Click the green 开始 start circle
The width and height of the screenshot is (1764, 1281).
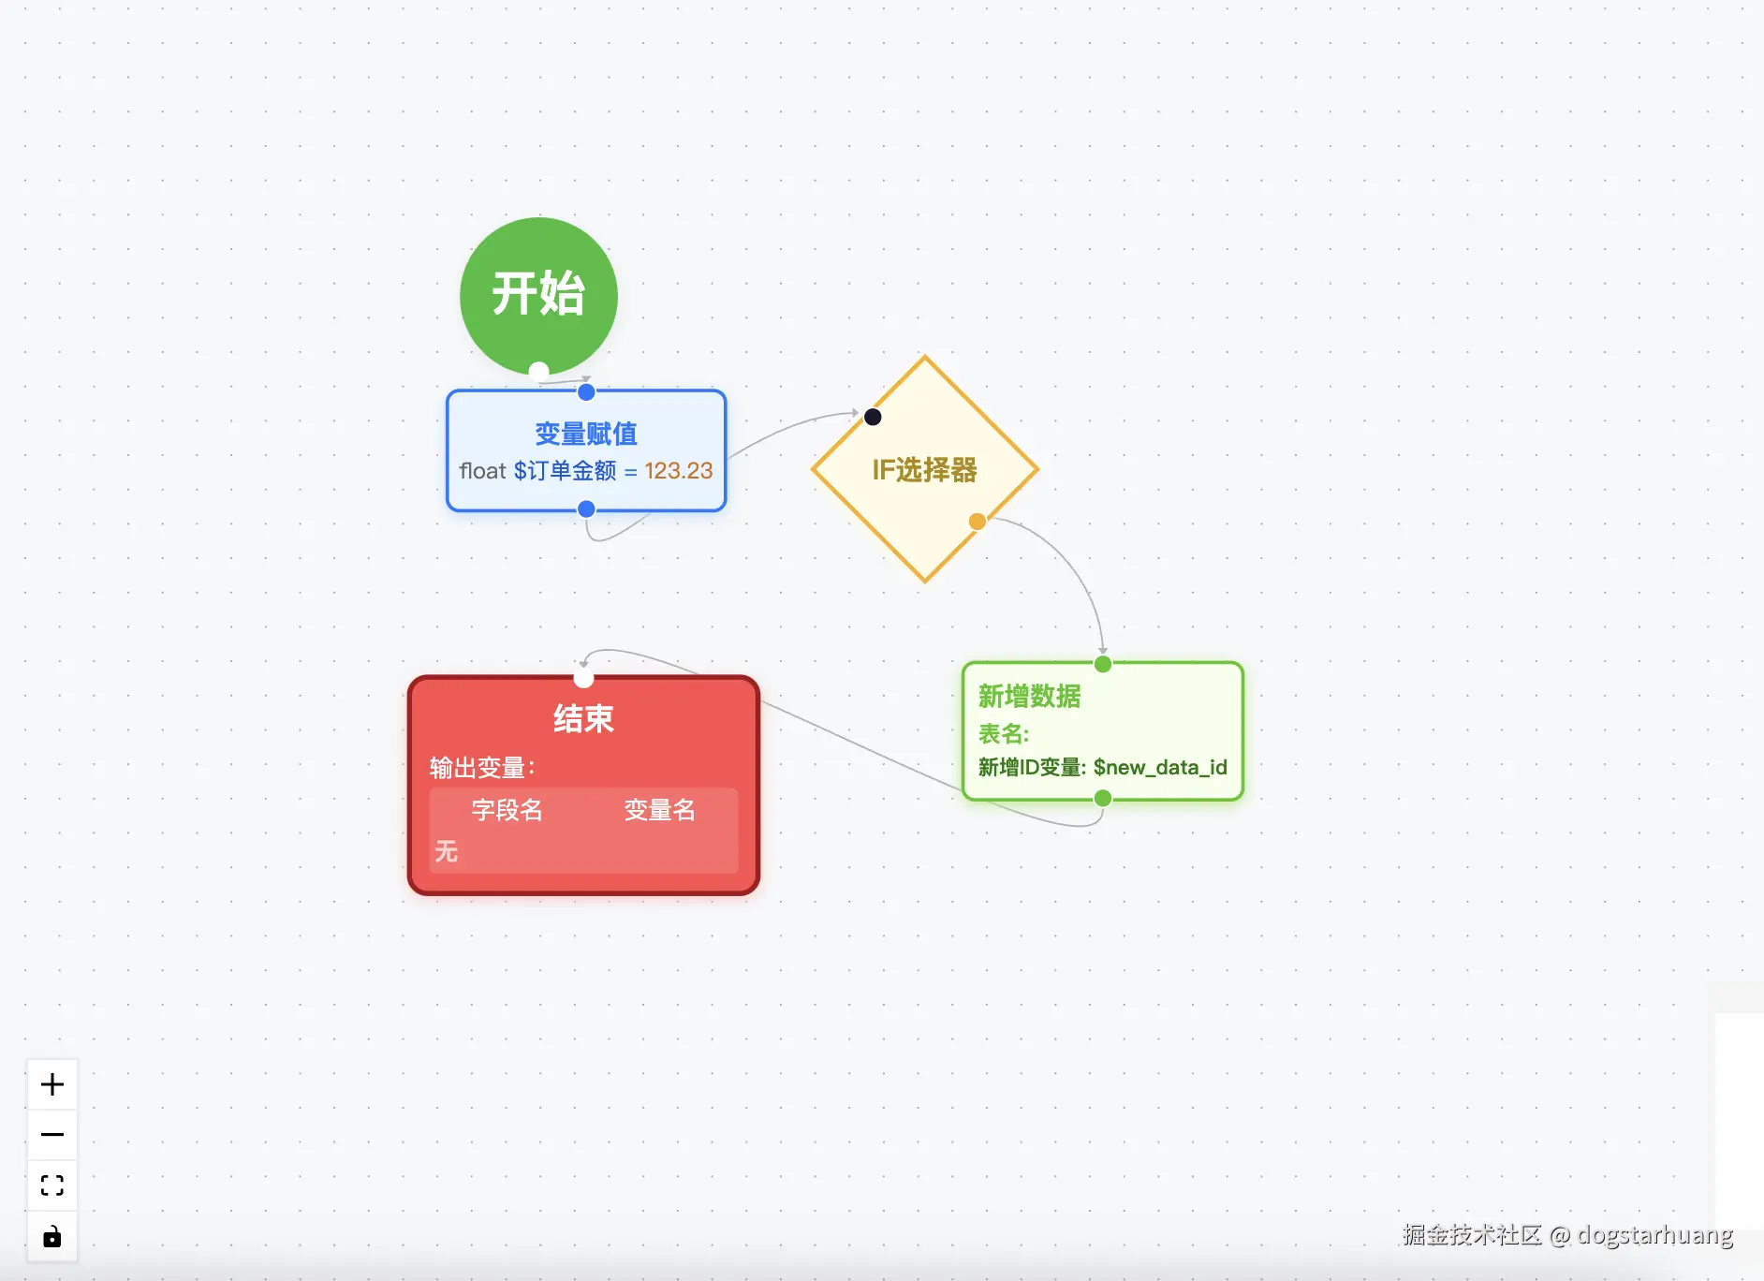point(538,295)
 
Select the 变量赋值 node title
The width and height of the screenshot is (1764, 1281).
point(586,434)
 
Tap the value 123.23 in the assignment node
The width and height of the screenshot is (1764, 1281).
point(678,470)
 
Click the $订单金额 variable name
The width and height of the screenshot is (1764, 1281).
point(565,470)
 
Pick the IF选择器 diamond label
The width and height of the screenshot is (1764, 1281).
point(924,469)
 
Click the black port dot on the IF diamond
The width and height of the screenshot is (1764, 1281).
point(873,417)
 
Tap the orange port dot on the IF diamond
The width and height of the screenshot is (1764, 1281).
point(977,522)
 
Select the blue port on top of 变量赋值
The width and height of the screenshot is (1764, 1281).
point(586,392)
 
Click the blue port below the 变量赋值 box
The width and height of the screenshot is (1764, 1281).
point(586,509)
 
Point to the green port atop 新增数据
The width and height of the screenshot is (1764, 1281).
point(1103,664)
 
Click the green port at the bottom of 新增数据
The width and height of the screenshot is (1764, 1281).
point(1103,799)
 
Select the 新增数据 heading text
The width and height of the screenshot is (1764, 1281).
point(1029,696)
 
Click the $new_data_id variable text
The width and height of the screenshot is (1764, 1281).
point(1160,767)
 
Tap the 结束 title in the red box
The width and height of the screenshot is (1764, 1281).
point(583,718)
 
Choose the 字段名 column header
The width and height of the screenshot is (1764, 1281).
point(507,810)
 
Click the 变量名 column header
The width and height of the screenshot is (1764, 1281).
point(659,810)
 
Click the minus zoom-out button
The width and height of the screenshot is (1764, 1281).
point(52,1135)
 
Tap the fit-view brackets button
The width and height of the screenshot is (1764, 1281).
point(52,1185)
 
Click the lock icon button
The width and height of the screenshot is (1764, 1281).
point(52,1237)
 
